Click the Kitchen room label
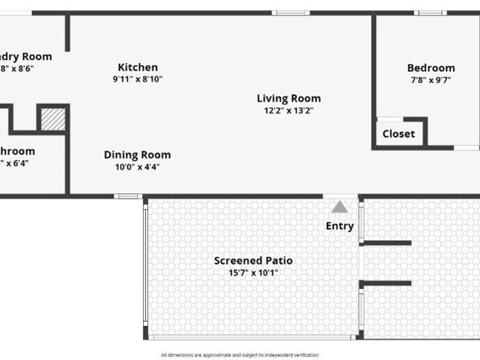[x=138, y=67]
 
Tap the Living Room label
[x=289, y=98]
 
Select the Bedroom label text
[x=431, y=68]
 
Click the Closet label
[x=398, y=134]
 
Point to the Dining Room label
[x=137, y=155]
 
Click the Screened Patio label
[x=253, y=261]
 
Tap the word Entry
[x=340, y=226]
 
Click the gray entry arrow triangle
[x=339, y=207]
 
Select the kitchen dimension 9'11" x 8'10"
[x=138, y=79]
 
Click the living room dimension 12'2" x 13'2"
[x=289, y=110]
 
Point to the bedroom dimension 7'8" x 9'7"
[x=431, y=80]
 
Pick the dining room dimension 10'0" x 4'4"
[x=137, y=166]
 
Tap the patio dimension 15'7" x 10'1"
[x=253, y=273]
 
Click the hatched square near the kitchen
[x=53, y=119]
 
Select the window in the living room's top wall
[x=291, y=13]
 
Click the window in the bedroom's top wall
[x=431, y=13]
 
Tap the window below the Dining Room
[x=128, y=196]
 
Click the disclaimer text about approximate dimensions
[x=240, y=355]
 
